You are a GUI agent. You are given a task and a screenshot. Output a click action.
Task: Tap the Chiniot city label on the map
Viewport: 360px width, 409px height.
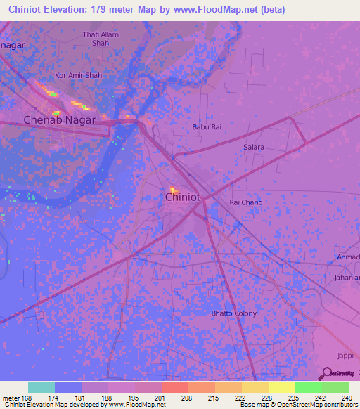(x=183, y=197)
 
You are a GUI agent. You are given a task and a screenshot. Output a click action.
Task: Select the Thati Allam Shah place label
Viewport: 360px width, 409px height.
(x=101, y=38)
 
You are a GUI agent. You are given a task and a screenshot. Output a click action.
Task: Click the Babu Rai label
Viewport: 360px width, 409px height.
(x=207, y=127)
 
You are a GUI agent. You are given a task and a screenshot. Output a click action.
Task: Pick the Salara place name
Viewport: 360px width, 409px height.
(x=254, y=147)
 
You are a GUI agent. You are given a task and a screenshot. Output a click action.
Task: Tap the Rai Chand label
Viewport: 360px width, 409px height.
(x=246, y=202)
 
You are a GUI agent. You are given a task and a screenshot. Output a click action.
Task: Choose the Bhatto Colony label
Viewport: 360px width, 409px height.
(x=234, y=313)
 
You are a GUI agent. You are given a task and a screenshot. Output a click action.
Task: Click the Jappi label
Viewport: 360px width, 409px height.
(x=345, y=356)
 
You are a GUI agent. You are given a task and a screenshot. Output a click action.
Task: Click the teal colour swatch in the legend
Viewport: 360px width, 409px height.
(x=41, y=387)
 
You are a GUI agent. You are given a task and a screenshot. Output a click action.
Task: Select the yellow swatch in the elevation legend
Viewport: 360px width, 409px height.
(x=281, y=387)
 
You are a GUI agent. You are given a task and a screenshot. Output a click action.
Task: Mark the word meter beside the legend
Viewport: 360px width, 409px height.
(x=12, y=398)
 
